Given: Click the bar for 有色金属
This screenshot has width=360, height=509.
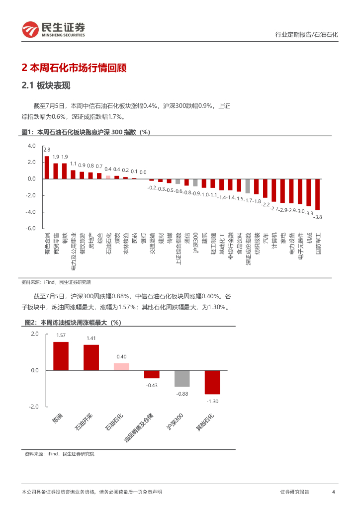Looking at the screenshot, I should click(x=47, y=168).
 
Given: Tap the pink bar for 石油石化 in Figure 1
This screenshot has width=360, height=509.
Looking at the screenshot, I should click(x=108, y=176).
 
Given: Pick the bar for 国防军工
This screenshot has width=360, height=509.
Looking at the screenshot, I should click(x=317, y=194).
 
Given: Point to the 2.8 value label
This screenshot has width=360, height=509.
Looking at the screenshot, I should click(x=47, y=150).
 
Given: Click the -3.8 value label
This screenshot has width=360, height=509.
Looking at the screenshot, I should click(x=318, y=217).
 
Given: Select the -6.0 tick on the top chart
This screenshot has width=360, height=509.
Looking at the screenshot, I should click(x=31, y=228).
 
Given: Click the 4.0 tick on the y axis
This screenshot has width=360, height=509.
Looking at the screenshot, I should click(x=32, y=146).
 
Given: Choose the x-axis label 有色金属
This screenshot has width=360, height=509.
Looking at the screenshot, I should click(x=47, y=243).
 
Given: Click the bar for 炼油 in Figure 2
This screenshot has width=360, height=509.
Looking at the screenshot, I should click(x=61, y=356).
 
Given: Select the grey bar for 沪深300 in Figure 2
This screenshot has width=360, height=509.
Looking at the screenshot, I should click(x=182, y=379).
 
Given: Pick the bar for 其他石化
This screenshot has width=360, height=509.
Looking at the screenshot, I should click(x=212, y=382).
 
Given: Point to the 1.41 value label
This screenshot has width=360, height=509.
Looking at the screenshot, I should click(x=91, y=339).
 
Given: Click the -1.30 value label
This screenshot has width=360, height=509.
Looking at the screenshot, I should click(x=212, y=401).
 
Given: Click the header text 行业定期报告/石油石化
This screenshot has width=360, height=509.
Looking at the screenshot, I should click(x=306, y=35).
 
